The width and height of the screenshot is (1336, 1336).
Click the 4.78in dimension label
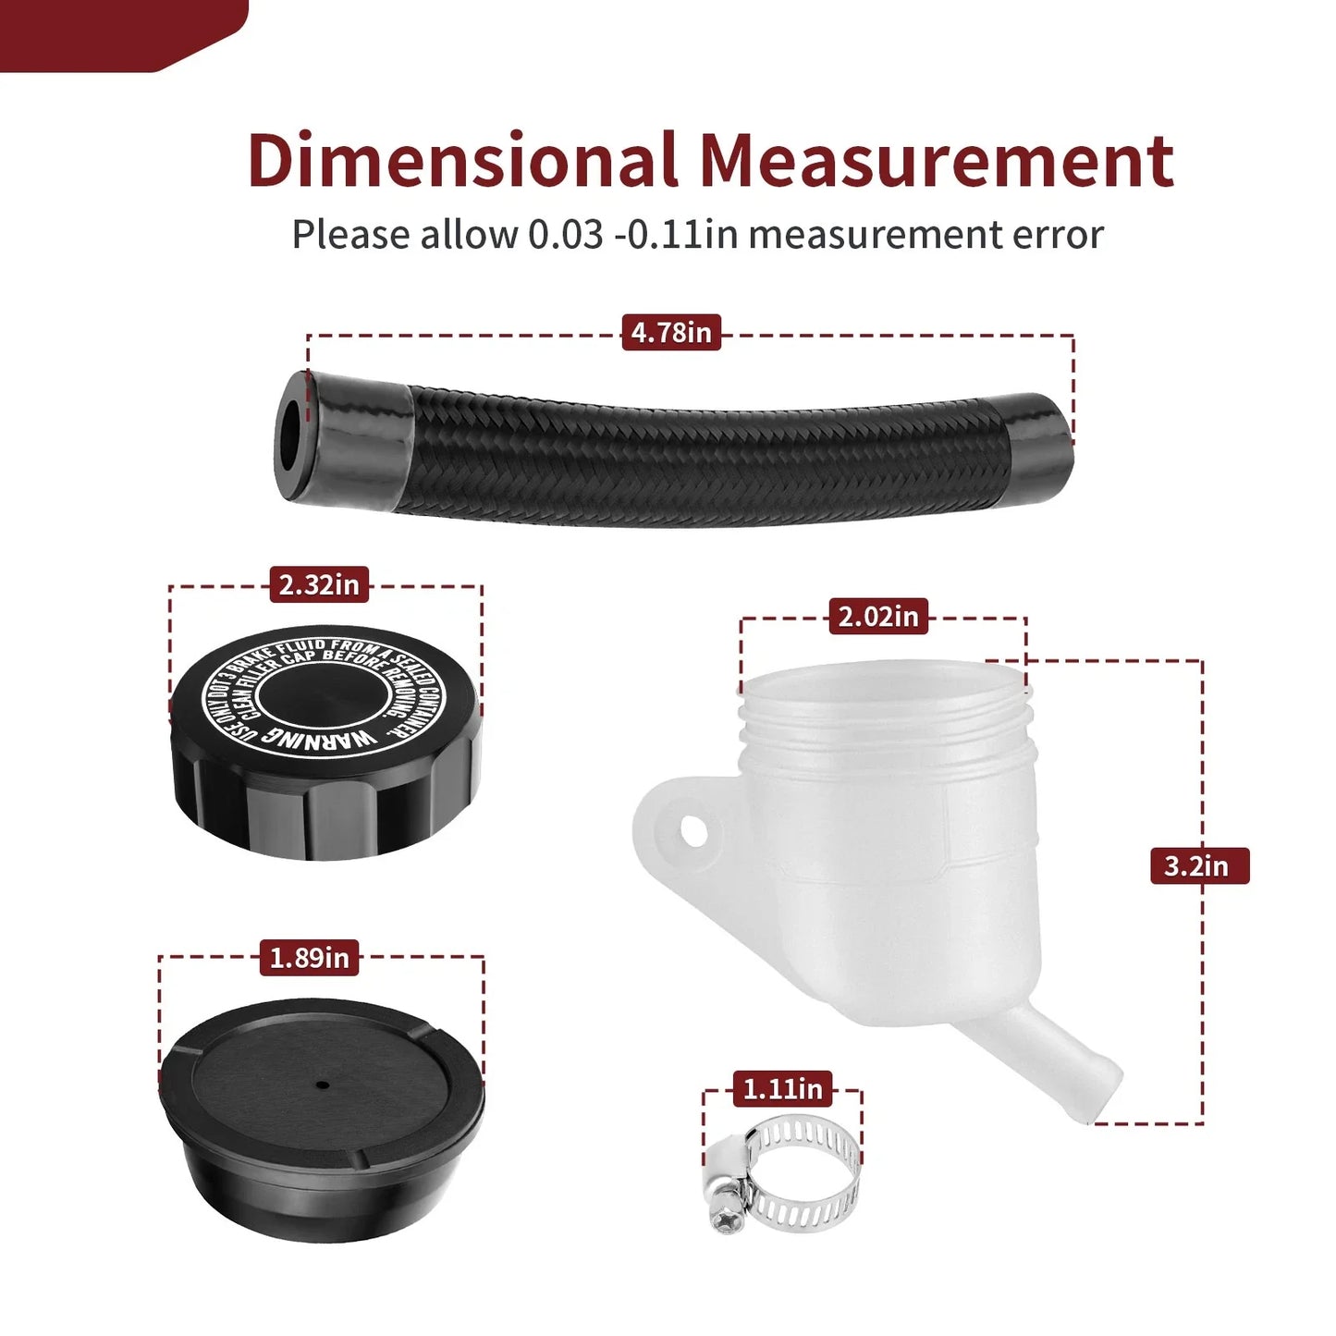pos(671,332)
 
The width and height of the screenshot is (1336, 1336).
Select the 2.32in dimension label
pos(319,585)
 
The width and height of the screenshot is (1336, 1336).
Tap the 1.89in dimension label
pos(309,958)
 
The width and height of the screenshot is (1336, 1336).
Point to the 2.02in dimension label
pos(878,617)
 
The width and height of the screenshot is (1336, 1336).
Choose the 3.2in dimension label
pos(1200,866)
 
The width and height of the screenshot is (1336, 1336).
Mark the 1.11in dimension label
pos(783,1089)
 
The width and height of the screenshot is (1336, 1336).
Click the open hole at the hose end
pos(290,436)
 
